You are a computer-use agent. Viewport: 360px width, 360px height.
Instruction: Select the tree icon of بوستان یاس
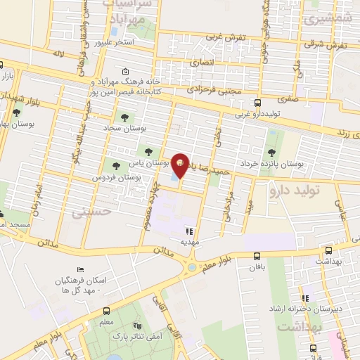[x=147, y=150]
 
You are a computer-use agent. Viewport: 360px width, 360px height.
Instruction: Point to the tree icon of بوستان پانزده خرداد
[x=272, y=153]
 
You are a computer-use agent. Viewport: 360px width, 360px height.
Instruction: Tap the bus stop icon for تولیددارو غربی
[x=257, y=103]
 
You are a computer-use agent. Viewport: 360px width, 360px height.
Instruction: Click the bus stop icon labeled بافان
[x=257, y=257]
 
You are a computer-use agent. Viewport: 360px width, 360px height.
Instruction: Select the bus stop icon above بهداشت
[x=328, y=250]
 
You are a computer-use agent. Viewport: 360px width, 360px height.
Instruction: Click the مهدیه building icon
[x=188, y=230]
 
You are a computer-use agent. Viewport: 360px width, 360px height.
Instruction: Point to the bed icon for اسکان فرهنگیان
[x=79, y=269]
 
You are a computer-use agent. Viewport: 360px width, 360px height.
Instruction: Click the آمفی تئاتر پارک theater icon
[x=139, y=327]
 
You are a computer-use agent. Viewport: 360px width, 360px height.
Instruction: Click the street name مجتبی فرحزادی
[x=214, y=90]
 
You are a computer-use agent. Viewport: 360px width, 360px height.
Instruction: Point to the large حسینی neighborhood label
[x=86, y=211]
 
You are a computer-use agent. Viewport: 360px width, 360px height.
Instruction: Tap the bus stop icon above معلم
[x=106, y=311]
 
